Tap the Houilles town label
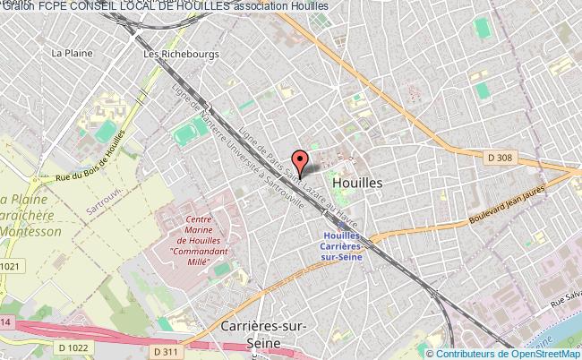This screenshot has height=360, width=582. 357,181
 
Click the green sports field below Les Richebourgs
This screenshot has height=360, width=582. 186,133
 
